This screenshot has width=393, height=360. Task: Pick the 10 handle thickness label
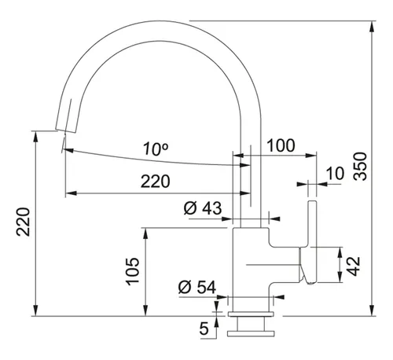336,174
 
